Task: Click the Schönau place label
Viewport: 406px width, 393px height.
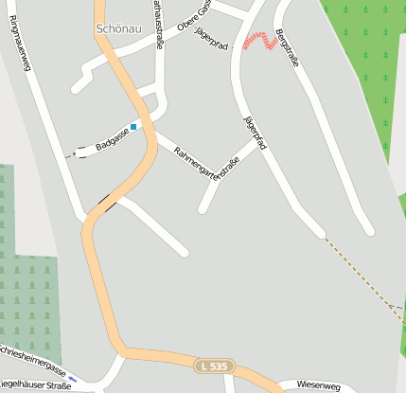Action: [x=117, y=28]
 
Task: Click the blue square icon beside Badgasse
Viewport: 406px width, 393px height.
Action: [x=133, y=126]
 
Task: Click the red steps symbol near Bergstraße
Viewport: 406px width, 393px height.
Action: [x=256, y=40]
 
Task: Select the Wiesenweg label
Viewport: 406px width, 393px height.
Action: [x=317, y=384]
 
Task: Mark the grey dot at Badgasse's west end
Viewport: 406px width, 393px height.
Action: [x=74, y=153]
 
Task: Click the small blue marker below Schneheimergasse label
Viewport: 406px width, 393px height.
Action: [x=73, y=378]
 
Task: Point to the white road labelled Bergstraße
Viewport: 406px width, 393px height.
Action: [x=322, y=133]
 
